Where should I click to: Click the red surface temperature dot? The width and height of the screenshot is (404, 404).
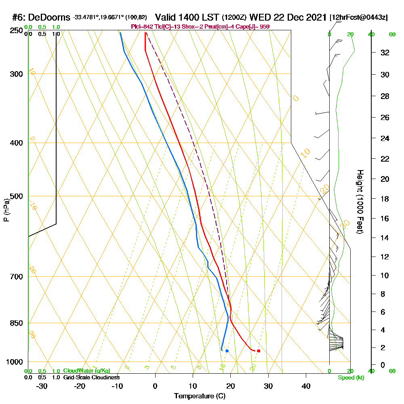[x=259, y=351]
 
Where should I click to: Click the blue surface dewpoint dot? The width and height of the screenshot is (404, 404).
[x=227, y=351]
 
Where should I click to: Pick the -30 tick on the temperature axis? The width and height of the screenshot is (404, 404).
[x=42, y=386]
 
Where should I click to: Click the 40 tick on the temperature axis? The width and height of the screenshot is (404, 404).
[x=306, y=386]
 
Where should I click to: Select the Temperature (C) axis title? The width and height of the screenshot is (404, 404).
[x=200, y=396]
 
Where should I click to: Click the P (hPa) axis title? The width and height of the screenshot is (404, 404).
[x=6, y=210]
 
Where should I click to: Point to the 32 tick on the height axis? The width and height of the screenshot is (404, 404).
[x=385, y=53]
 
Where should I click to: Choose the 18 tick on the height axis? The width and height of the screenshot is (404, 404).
[x=385, y=199]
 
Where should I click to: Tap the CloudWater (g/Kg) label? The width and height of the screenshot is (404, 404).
[x=86, y=371]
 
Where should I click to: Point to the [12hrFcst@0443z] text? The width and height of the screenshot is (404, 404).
[x=359, y=17]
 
